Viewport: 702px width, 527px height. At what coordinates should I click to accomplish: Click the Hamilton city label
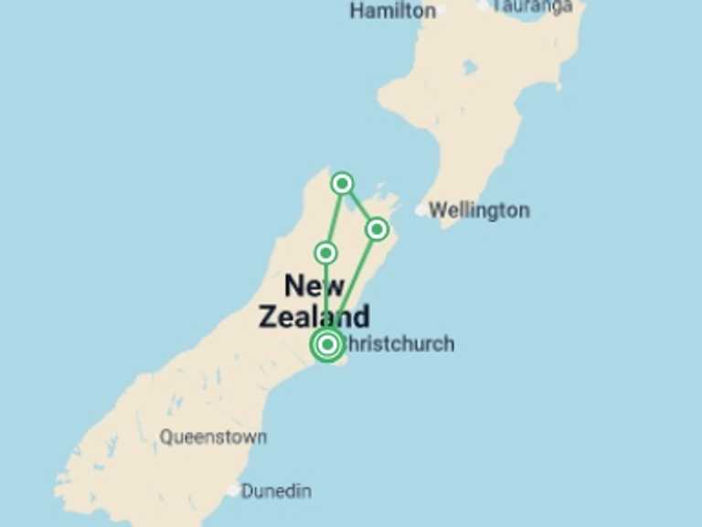(x=392, y=11)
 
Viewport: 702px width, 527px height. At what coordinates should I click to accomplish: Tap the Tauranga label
(x=533, y=5)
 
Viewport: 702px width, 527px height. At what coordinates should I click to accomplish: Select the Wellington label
(x=479, y=210)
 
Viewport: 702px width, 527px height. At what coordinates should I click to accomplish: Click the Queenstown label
(x=213, y=437)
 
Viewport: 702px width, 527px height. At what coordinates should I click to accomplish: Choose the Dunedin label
(x=275, y=491)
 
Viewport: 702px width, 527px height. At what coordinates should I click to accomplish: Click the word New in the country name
(x=314, y=285)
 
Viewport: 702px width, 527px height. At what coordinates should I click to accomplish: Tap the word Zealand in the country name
(x=314, y=317)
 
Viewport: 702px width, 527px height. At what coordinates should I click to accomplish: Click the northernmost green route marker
(x=342, y=183)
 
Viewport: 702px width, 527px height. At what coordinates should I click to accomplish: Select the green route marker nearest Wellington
(x=377, y=229)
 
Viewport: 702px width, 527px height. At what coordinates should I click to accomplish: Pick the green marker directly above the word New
(x=325, y=252)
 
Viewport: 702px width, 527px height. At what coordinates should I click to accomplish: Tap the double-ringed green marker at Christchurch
(x=326, y=345)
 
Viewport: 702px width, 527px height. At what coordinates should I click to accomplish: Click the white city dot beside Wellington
(x=421, y=210)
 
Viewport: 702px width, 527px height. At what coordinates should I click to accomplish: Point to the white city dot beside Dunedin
(x=233, y=491)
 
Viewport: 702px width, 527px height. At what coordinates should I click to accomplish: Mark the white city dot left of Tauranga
(x=484, y=5)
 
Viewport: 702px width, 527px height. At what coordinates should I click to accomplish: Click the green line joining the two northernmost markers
(x=359, y=206)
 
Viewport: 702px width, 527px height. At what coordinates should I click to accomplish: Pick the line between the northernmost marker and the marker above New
(x=334, y=218)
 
